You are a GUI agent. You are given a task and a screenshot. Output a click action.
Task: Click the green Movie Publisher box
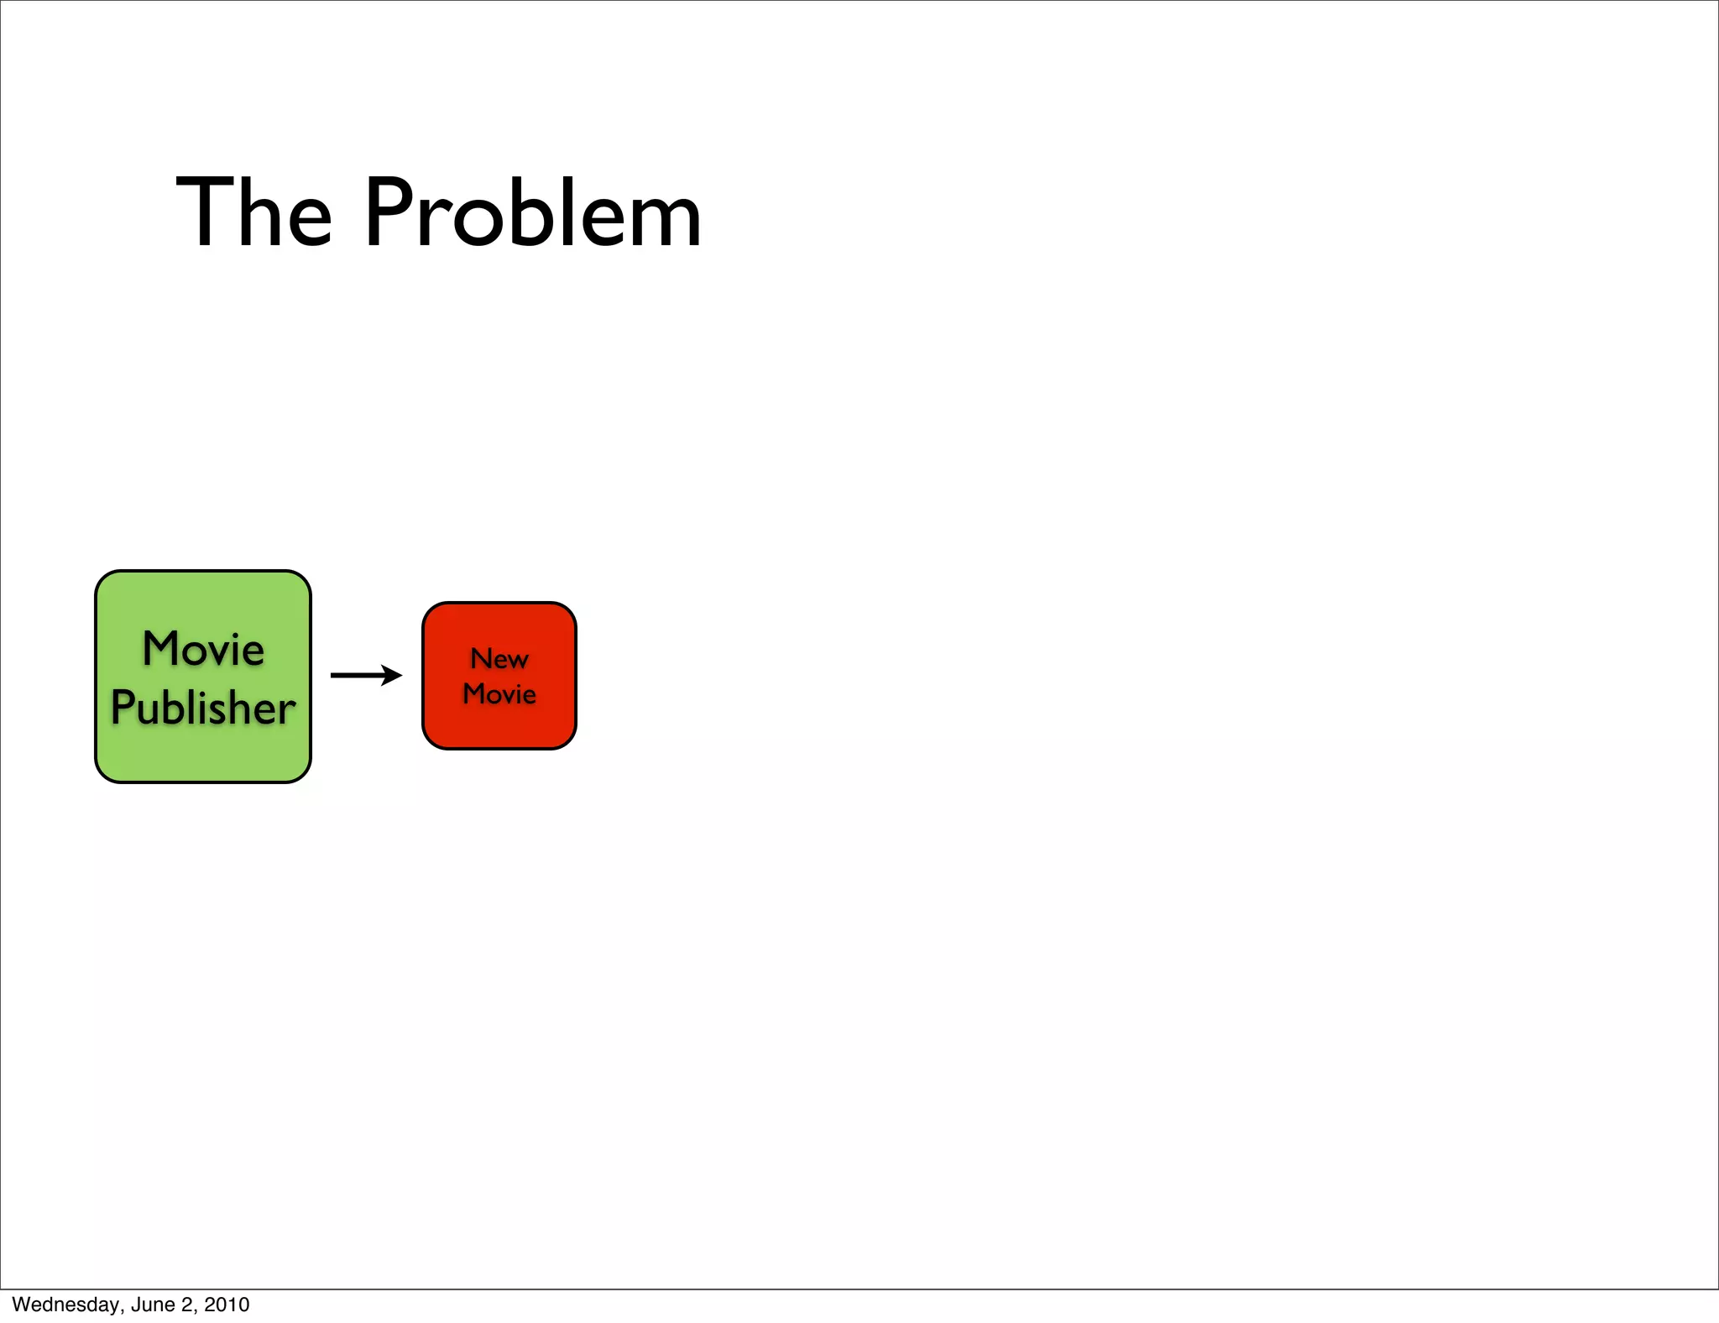click(203, 756)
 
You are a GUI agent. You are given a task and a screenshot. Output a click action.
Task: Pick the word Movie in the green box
click(203, 649)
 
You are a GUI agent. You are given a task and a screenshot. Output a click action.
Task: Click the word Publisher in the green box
click(203, 708)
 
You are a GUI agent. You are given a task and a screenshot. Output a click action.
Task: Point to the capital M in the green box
click(161, 649)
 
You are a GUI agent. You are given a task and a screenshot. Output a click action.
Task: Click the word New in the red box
click(499, 659)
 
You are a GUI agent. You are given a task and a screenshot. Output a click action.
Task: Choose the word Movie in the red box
click(499, 694)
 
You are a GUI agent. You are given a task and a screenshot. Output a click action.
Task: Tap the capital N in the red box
click(480, 658)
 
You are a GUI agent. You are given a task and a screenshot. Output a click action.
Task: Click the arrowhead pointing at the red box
click(393, 675)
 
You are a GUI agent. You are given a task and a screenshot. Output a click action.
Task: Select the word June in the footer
click(153, 1305)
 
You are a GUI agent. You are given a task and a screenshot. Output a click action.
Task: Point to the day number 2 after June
click(186, 1305)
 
